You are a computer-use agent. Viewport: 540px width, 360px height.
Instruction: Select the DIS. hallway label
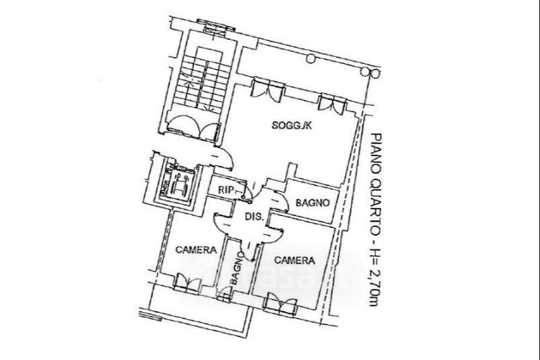pyautogui.click(x=253, y=217)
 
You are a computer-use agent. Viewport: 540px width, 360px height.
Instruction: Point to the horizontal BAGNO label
pyautogui.click(x=313, y=202)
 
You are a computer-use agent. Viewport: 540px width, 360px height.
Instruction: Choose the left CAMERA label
pyautogui.click(x=196, y=249)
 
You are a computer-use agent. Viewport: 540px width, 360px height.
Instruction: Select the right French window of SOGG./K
pyautogui.click(x=332, y=101)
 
